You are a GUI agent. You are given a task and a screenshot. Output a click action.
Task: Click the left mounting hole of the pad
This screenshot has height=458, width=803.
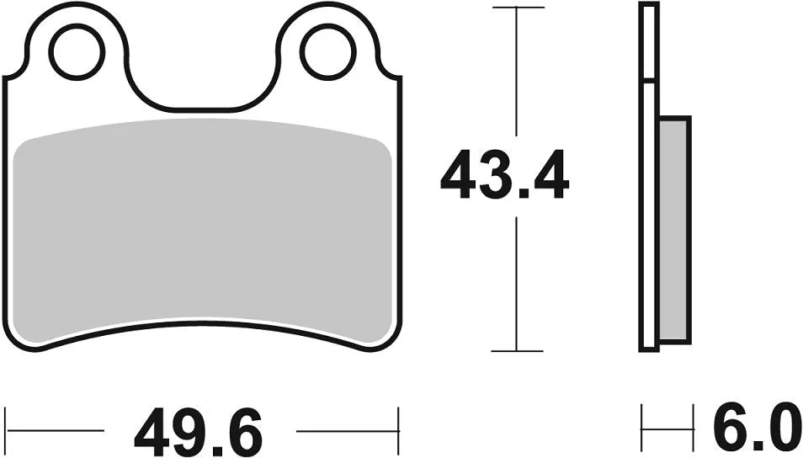tap(78, 52)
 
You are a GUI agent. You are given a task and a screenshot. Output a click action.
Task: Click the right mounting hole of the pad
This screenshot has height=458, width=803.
tap(329, 52)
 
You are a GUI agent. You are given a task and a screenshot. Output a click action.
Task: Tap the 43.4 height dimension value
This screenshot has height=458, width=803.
tap(504, 176)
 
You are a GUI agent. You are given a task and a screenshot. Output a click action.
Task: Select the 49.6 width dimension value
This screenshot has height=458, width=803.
tap(199, 432)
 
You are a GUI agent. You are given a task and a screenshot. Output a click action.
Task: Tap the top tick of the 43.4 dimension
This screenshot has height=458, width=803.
tap(517, 8)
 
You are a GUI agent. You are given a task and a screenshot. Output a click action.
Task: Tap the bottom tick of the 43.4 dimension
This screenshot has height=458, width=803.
tap(517, 350)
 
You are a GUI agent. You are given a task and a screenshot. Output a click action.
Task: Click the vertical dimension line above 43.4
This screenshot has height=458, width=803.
tap(517, 76)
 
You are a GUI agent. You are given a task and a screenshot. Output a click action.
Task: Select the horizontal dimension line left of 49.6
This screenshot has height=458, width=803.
tap(55, 430)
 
